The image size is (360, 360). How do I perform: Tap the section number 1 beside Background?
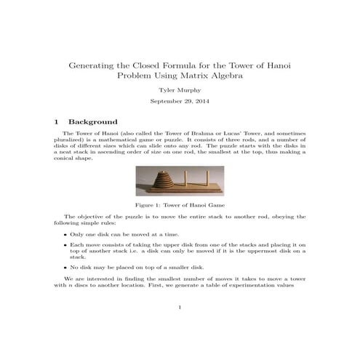pyautogui.click(x=57, y=121)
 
